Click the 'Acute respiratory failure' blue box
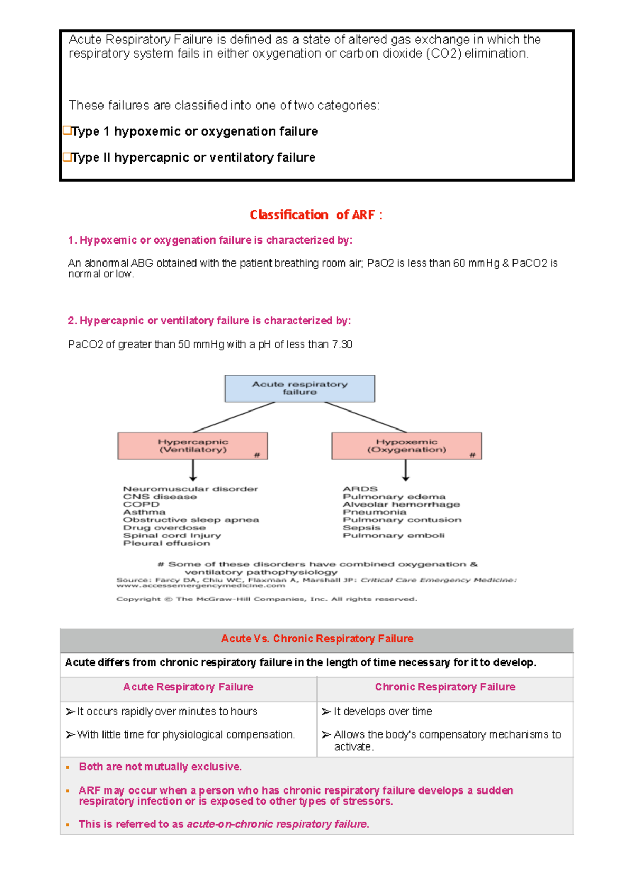coord(300,388)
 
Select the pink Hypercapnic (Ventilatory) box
coord(193,446)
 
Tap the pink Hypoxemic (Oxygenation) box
coord(406,446)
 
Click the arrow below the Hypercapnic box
coord(193,470)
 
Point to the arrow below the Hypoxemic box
coord(405,470)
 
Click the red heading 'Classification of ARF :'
coord(316,215)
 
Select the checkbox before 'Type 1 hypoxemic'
coord(67,130)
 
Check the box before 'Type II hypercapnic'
coord(67,157)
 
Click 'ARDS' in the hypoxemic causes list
coord(360,489)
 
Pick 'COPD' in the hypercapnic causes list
coord(141,505)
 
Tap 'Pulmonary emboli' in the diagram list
coord(394,536)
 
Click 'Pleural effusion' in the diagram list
coord(166,543)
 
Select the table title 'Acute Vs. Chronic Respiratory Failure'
coord(317,639)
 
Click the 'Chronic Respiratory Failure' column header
coord(445,687)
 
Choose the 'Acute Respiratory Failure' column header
coord(188,687)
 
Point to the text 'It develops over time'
coord(383,712)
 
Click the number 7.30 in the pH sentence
coord(342,344)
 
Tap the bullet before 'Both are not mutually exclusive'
coord(68,767)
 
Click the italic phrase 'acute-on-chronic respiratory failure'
coord(277,824)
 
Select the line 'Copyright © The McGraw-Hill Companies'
coord(267,599)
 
